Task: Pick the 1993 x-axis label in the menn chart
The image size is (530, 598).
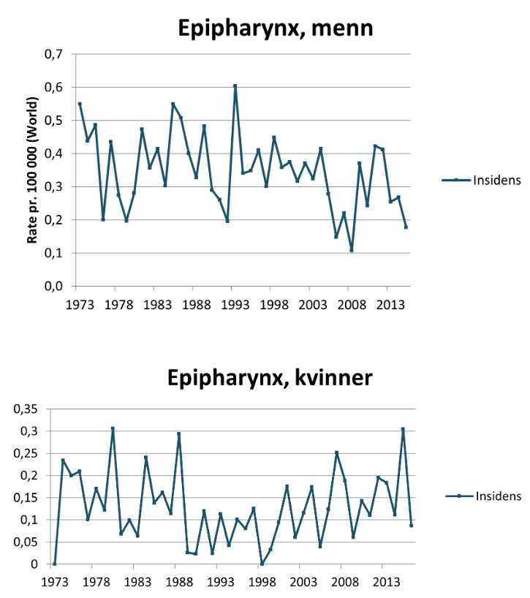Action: [x=232, y=303]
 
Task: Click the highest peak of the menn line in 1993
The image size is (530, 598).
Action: [x=235, y=86]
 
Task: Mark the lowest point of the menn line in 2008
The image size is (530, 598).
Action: [x=352, y=250]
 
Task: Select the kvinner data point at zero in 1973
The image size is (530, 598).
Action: [x=55, y=564]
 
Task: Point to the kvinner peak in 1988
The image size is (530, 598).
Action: [x=178, y=434]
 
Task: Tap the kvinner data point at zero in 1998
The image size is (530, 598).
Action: [x=262, y=564]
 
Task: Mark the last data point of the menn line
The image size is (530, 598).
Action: [x=406, y=227]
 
